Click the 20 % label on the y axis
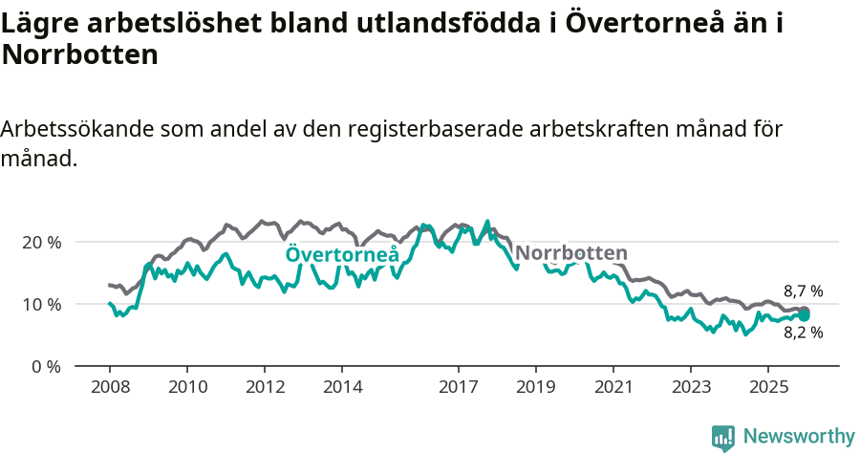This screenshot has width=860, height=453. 42,243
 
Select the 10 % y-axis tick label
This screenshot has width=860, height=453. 42,305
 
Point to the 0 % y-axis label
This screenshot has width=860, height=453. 46,367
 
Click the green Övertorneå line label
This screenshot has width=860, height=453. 342,254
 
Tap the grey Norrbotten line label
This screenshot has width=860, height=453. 570,253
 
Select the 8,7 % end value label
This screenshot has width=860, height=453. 803,291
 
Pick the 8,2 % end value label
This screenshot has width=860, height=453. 803,334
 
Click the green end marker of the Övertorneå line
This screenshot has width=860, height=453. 804,315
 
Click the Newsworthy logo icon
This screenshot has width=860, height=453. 723,437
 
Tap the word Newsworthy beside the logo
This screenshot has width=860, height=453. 798,437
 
